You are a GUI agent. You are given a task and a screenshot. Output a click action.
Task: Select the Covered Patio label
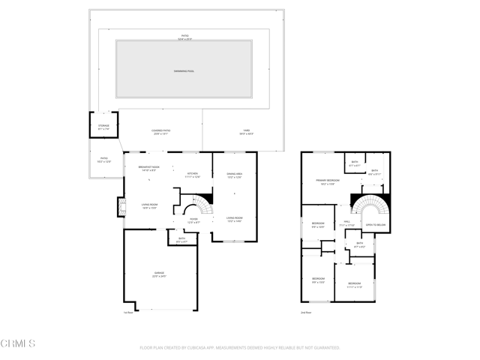click(161, 132)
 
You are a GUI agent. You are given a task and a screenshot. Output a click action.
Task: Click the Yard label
click(246, 132)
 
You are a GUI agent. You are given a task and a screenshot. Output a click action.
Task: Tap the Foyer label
click(193, 220)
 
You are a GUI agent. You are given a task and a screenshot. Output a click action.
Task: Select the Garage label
click(159, 274)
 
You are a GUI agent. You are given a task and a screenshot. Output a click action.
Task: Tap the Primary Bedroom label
click(328, 181)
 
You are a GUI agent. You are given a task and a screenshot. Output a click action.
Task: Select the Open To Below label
click(375, 224)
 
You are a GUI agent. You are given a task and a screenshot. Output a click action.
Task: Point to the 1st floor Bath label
click(181, 240)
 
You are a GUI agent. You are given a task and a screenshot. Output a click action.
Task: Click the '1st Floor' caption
click(129, 313)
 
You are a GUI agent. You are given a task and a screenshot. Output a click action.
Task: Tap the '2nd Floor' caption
click(305, 313)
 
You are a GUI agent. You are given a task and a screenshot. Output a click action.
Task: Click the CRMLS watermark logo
click(19, 344)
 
